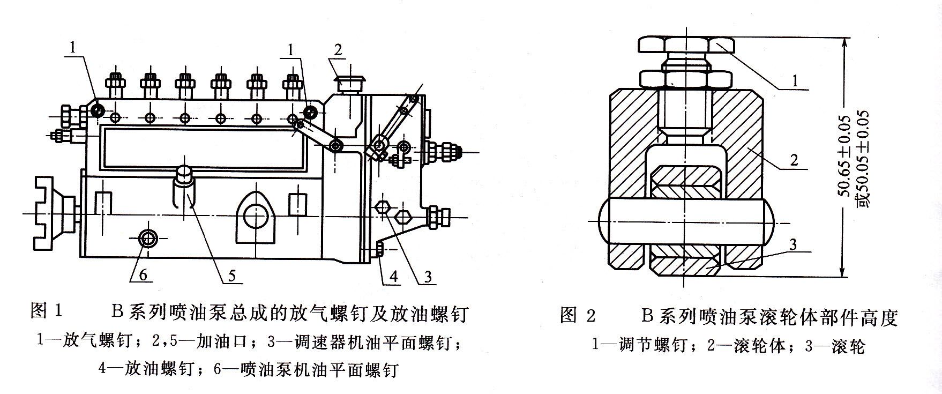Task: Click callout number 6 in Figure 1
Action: click(x=143, y=274)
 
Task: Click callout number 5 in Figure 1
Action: click(x=231, y=275)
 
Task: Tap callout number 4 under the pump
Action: click(x=393, y=276)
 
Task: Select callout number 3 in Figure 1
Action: click(x=428, y=276)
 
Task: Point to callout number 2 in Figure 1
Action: click(x=338, y=50)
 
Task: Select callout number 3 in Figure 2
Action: click(x=793, y=244)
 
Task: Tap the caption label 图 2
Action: click(x=578, y=316)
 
